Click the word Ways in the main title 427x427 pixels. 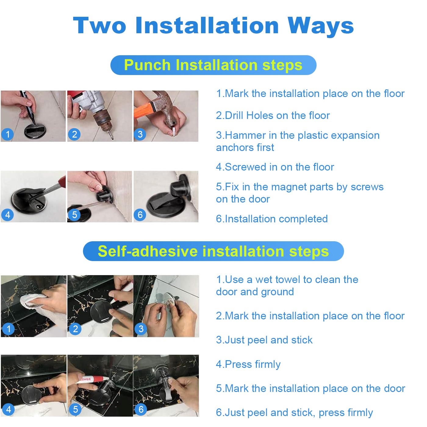(321, 26)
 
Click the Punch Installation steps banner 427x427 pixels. (213, 65)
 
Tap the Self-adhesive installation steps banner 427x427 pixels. (213, 251)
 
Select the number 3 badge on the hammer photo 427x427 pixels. (140, 134)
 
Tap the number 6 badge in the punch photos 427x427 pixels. (140, 214)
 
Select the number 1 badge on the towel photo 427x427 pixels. (9, 328)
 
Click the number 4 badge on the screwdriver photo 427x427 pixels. (8, 215)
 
